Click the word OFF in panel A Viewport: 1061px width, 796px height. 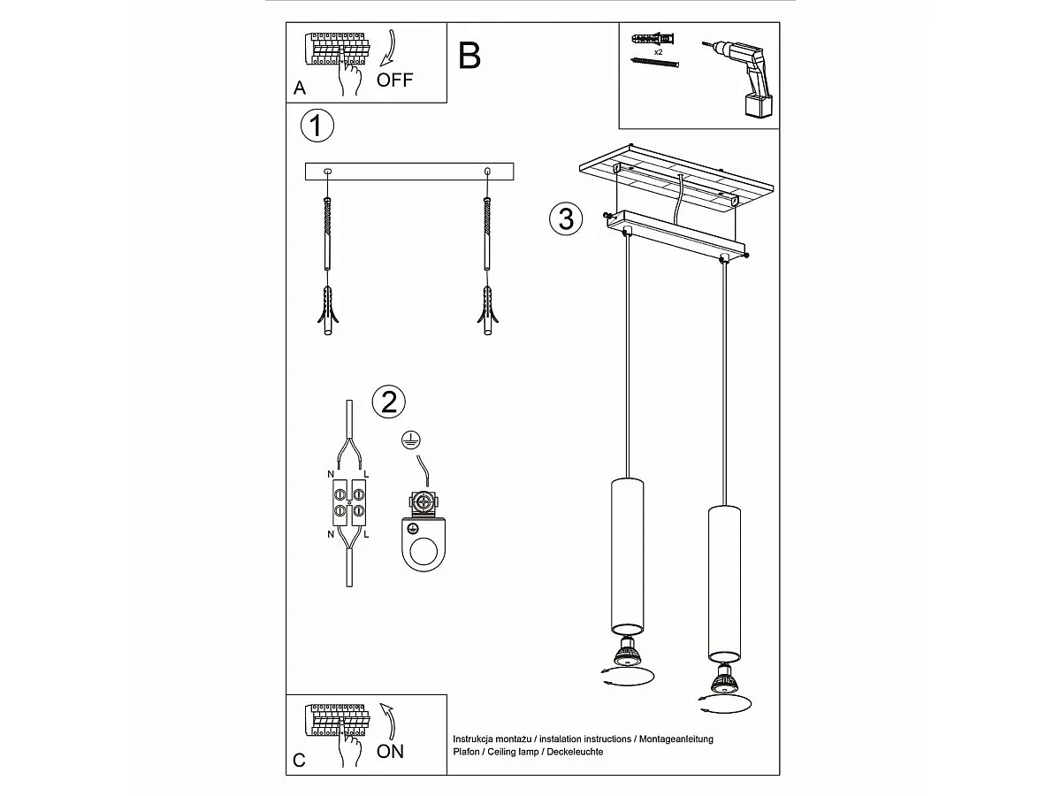tap(394, 80)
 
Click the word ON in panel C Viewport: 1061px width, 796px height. tap(390, 751)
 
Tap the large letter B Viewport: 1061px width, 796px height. tap(469, 56)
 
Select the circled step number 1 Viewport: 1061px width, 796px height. tap(317, 126)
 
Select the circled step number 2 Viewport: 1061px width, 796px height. tap(388, 402)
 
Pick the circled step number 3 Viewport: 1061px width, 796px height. tap(566, 218)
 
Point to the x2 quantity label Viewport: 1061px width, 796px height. tap(658, 52)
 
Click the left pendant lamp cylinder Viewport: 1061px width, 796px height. tap(627, 553)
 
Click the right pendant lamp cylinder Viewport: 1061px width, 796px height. tap(724, 579)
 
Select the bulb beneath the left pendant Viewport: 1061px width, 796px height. tap(628, 653)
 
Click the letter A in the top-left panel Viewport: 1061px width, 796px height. tap(300, 88)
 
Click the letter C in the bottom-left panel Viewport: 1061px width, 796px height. tap(299, 761)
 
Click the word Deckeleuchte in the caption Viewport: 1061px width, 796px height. tap(574, 752)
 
